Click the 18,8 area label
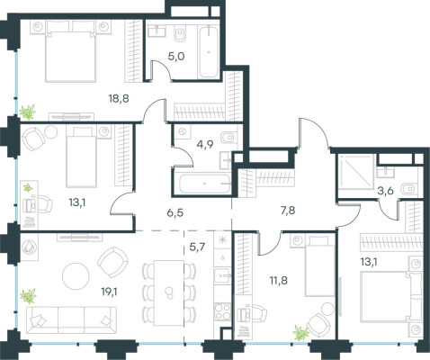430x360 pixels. click(x=119, y=98)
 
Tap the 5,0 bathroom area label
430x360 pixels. click(x=176, y=56)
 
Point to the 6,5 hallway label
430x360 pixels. click(x=175, y=213)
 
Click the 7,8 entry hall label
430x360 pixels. click(x=287, y=211)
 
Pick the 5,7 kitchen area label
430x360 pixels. click(x=197, y=247)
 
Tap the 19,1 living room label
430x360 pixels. click(x=109, y=291)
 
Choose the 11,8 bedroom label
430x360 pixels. click(x=279, y=281)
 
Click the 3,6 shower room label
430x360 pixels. click(x=385, y=191)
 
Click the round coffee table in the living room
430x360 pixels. click(x=76, y=276)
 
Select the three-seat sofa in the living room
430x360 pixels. click(x=72, y=319)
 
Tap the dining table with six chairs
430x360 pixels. click(x=169, y=292)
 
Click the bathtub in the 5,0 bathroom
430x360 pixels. click(x=209, y=51)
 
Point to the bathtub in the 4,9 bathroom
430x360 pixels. click(x=205, y=184)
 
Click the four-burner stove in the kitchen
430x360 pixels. click(x=222, y=312)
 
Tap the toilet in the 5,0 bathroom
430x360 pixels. click(x=181, y=34)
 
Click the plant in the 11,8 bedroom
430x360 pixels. click(x=301, y=333)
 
